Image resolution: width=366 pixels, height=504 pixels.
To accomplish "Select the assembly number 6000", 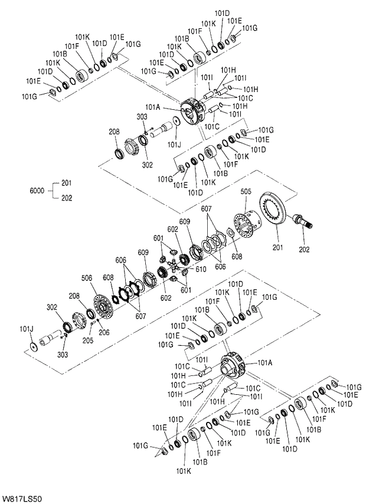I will [38, 191].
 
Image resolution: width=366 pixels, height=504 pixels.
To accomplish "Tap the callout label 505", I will [246, 191].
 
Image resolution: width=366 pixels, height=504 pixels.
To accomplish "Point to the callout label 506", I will [87, 277].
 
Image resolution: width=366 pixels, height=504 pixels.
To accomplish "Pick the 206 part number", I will [104, 332].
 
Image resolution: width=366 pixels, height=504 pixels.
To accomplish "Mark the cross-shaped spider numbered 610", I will [175, 267].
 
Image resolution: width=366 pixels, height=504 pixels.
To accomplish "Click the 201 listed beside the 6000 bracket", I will [66, 182].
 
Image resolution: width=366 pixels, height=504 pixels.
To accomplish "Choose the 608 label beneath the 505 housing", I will [237, 257].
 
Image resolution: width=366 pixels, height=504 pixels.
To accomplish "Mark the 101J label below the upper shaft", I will [174, 144].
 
